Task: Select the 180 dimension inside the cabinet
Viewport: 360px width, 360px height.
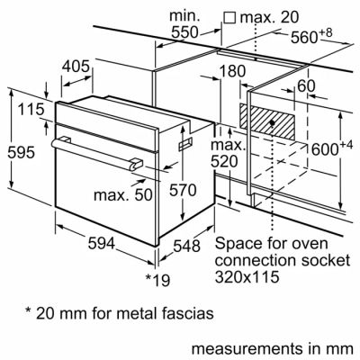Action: click(x=231, y=72)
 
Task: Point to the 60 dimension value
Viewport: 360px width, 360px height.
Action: click(x=305, y=85)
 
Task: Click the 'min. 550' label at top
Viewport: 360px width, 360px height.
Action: click(x=184, y=23)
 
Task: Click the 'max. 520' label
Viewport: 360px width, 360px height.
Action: click(x=229, y=154)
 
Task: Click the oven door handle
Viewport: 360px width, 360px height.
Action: click(x=96, y=150)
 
